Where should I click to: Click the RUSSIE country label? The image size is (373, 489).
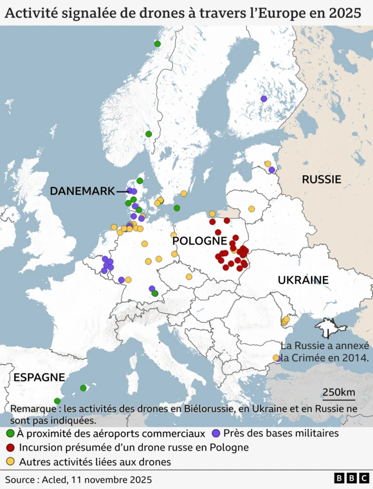(321, 179)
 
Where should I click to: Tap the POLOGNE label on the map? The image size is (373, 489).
(199, 240)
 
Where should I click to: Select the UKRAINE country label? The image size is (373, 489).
(303, 280)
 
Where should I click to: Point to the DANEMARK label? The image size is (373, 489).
(82, 191)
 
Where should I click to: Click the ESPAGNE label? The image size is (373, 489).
(39, 377)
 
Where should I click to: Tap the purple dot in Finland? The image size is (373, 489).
(263, 99)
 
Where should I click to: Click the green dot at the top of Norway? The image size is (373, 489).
(157, 44)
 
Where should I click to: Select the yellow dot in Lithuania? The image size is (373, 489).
(252, 208)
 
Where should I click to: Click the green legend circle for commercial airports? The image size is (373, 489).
(10, 434)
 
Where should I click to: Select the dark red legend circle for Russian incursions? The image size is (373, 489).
(10, 448)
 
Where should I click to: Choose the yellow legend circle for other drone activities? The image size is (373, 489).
(10, 462)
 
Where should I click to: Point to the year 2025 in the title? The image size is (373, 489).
(344, 12)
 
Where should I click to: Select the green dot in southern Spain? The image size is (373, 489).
(57, 401)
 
